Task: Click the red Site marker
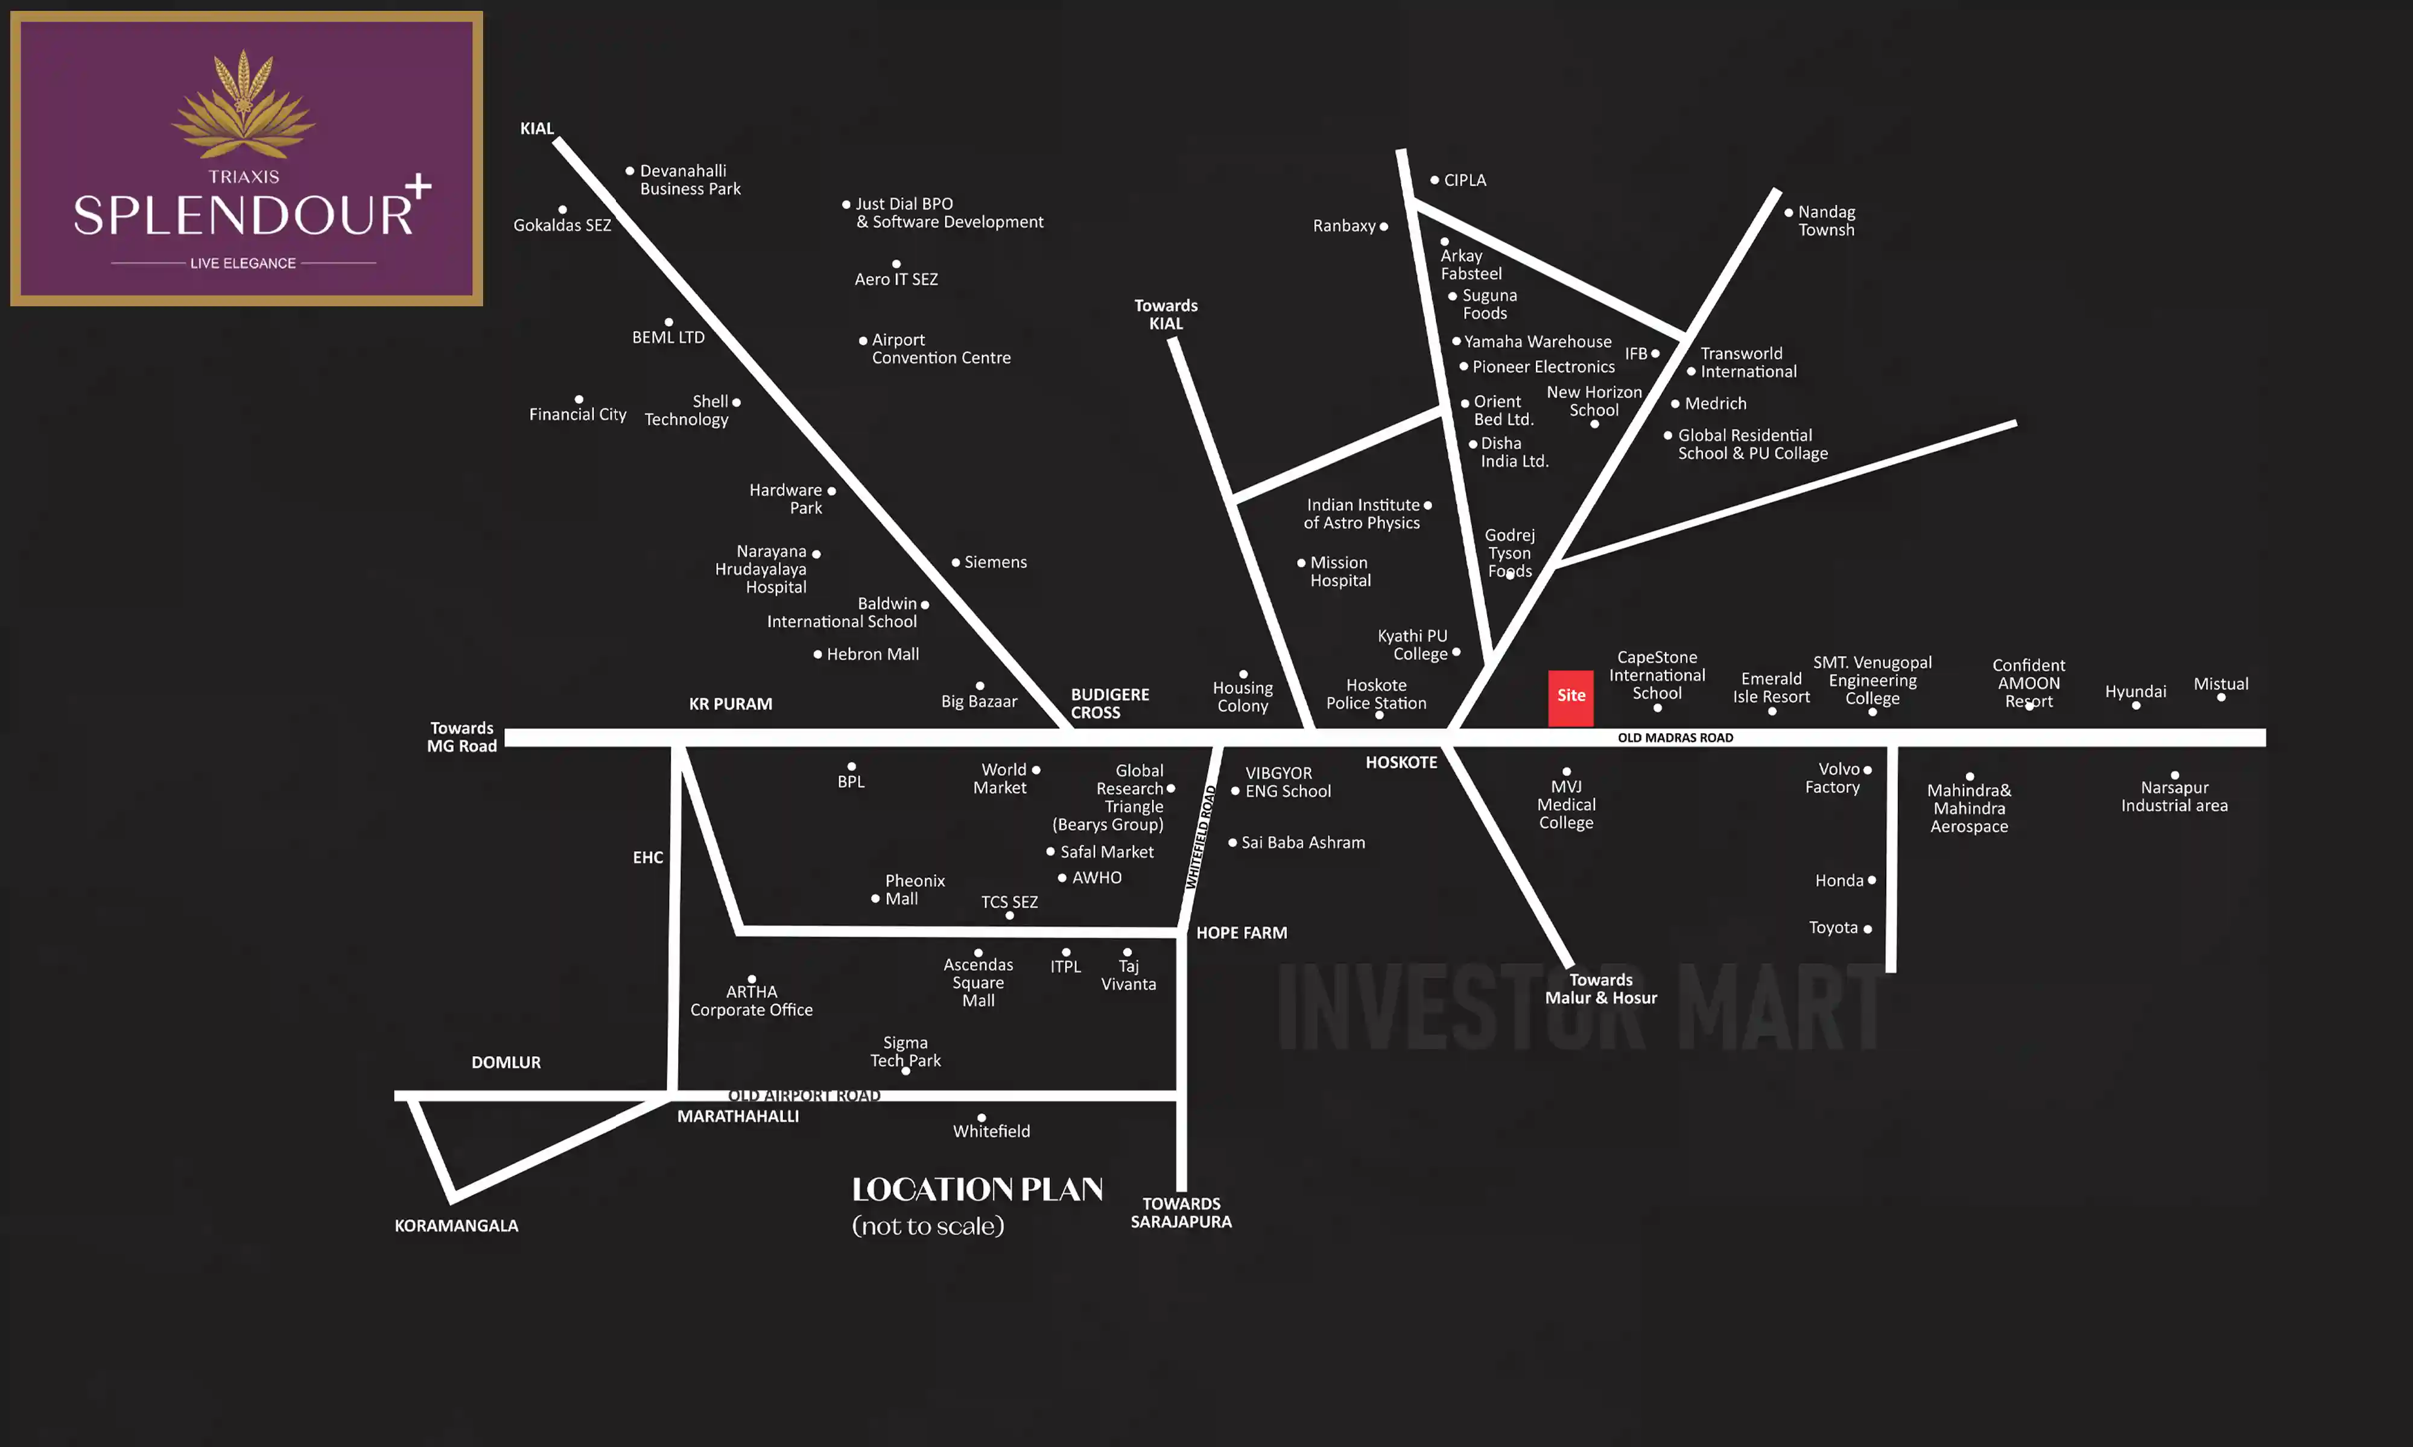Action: [1570, 696]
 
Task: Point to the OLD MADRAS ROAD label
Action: [1675, 738]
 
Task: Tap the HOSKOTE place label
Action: [1401, 763]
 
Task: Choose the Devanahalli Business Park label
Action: [690, 180]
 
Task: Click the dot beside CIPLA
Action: [1435, 180]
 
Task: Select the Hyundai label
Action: [2135, 692]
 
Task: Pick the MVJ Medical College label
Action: [1565, 804]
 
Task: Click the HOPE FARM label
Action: [1241, 933]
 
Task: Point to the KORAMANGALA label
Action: [455, 1226]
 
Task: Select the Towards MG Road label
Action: [461, 737]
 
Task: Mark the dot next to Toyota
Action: [1867, 929]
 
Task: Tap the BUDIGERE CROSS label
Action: [1109, 703]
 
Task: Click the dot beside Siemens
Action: [956, 563]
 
